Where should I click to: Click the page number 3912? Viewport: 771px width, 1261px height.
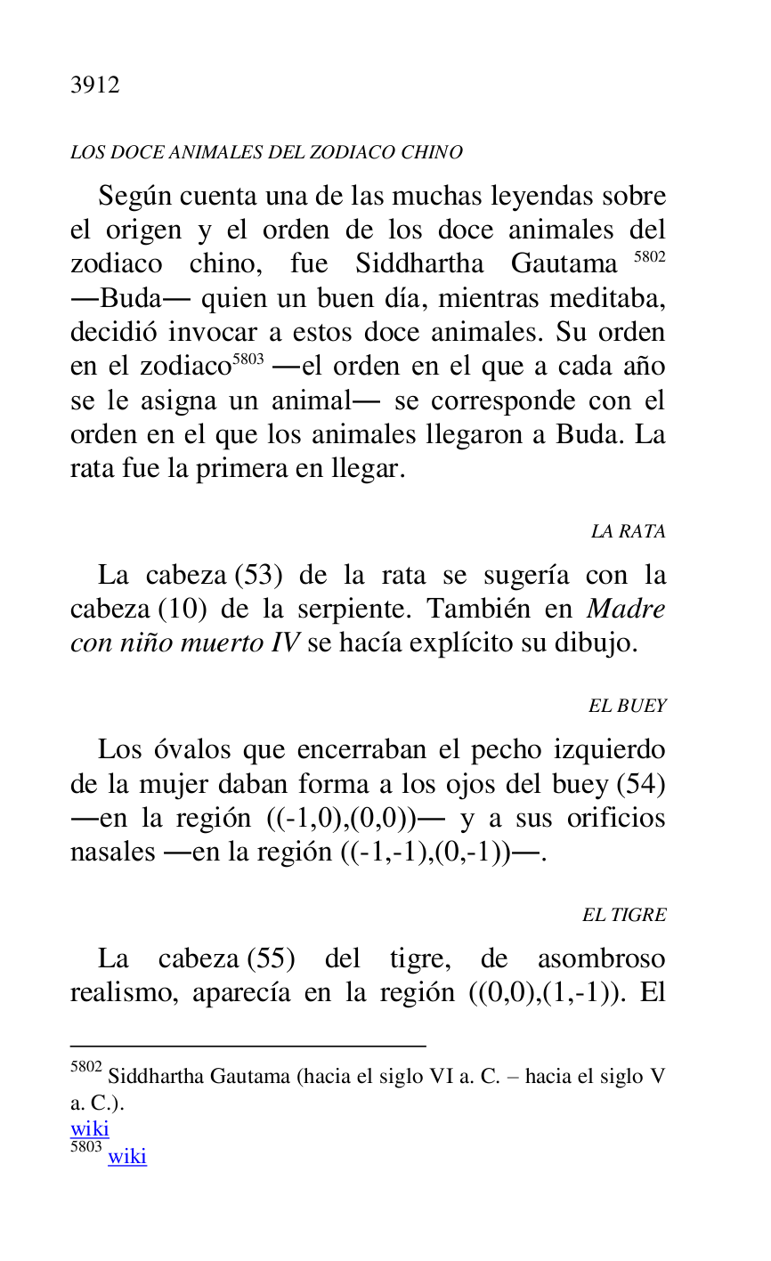pos(95,85)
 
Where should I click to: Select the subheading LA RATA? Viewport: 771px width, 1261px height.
pos(628,532)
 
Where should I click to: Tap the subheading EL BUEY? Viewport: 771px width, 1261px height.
pos(627,707)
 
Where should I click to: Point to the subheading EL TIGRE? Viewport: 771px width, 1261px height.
pos(624,916)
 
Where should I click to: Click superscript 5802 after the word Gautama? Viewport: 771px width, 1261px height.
pos(649,258)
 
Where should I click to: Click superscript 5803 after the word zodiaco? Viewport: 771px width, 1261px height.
pos(248,360)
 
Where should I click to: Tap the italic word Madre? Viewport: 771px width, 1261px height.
pos(626,610)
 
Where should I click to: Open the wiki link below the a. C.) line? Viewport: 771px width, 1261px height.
pos(89,1129)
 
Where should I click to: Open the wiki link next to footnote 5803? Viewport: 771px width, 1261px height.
pos(127,1156)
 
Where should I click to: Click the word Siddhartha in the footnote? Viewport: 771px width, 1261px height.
pos(155,1077)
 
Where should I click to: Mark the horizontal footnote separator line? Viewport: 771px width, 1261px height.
pos(248,1046)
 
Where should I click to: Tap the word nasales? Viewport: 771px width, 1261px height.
pos(112,853)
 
